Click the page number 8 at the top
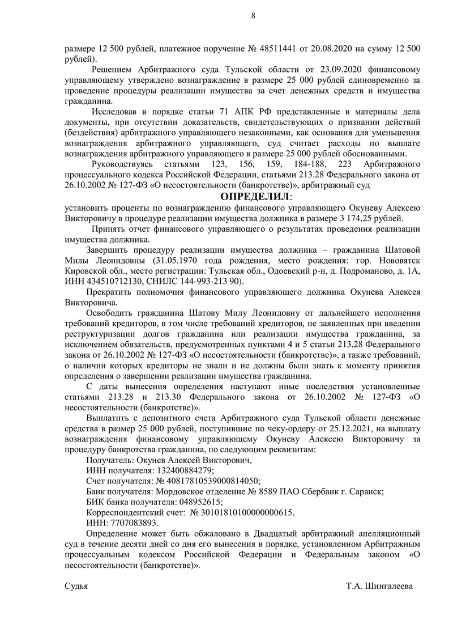(253, 16)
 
